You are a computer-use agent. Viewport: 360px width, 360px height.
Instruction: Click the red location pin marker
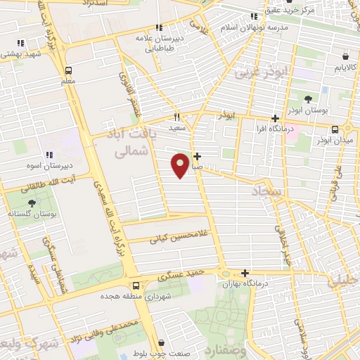point(181,165)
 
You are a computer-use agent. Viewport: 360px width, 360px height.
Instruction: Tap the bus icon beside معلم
point(68,70)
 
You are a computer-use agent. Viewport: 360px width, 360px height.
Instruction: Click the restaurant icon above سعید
point(177,117)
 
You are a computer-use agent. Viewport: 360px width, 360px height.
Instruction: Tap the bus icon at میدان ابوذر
point(335,129)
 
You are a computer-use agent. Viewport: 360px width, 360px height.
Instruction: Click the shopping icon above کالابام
point(345,56)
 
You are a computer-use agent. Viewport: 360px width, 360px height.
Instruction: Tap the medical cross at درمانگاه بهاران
point(245,273)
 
